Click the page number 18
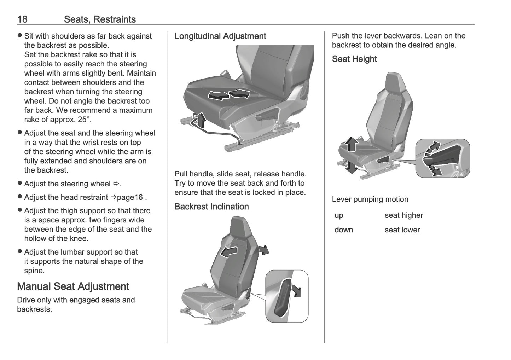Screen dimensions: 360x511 pyautogui.click(x=22, y=19)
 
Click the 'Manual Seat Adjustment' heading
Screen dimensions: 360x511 pyautogui.click(x=73, y=286)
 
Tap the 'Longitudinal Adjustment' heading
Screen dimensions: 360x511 pyautogui.click(x=220, y=36)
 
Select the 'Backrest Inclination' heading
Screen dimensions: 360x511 pyautogui.click(x=211, y=207)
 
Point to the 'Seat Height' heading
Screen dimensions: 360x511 pyautogui.click(x=354, y=59)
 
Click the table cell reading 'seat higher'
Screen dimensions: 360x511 pyautogui.click(x=403, y=215)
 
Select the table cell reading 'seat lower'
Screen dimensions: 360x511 pyautogui.click(x=402, y=230)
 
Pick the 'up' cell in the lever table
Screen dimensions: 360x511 pyautogui.click(x=339, y=215)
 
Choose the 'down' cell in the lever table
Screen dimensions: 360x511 pyautogui.click(x=344, y=230)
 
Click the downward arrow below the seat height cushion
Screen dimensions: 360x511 pyautogui.click(x=351, y=167)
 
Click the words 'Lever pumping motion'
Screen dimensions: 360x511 pyautogui.click(x=370, y=199)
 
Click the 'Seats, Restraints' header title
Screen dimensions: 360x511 pyautogui.click(x=100, y=19)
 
